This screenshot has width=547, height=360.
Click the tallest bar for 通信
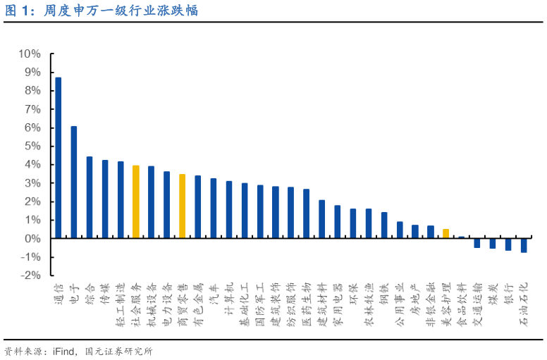pyautogui.click(x=59, y=158)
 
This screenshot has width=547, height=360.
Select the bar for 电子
pyautogui.click(x=74, y=182)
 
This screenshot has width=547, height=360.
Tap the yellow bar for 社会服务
pyautogui.click(x=136, y=201)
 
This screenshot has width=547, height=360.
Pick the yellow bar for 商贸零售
pyautogui.click(x=182, y=206)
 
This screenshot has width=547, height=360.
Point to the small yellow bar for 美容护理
pyautogui.click(x=445, y=233)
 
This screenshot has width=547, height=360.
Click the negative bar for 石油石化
pyautogui.click(x=524, y=245)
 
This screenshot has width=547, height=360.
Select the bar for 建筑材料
pyautogui.click(x=322, y=219)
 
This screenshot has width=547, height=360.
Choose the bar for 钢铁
pyautogui.click(x=384, y=225)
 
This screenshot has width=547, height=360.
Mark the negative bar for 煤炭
pyautogui.click(x=493, y=243)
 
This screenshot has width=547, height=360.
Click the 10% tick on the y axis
pyautogui.click(x=30, y=54)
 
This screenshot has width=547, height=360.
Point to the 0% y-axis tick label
pyautogui.click(x=32, y=239)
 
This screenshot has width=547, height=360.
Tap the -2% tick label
pyautogui.click(x=30, y=275)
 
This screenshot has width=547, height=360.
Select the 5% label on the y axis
pyautogui.click(x=32, y=147)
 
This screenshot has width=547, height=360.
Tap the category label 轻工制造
pyautogui.click(x=120, y=302)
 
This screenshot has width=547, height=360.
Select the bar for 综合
pyautogui.click(x=90, y=197)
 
